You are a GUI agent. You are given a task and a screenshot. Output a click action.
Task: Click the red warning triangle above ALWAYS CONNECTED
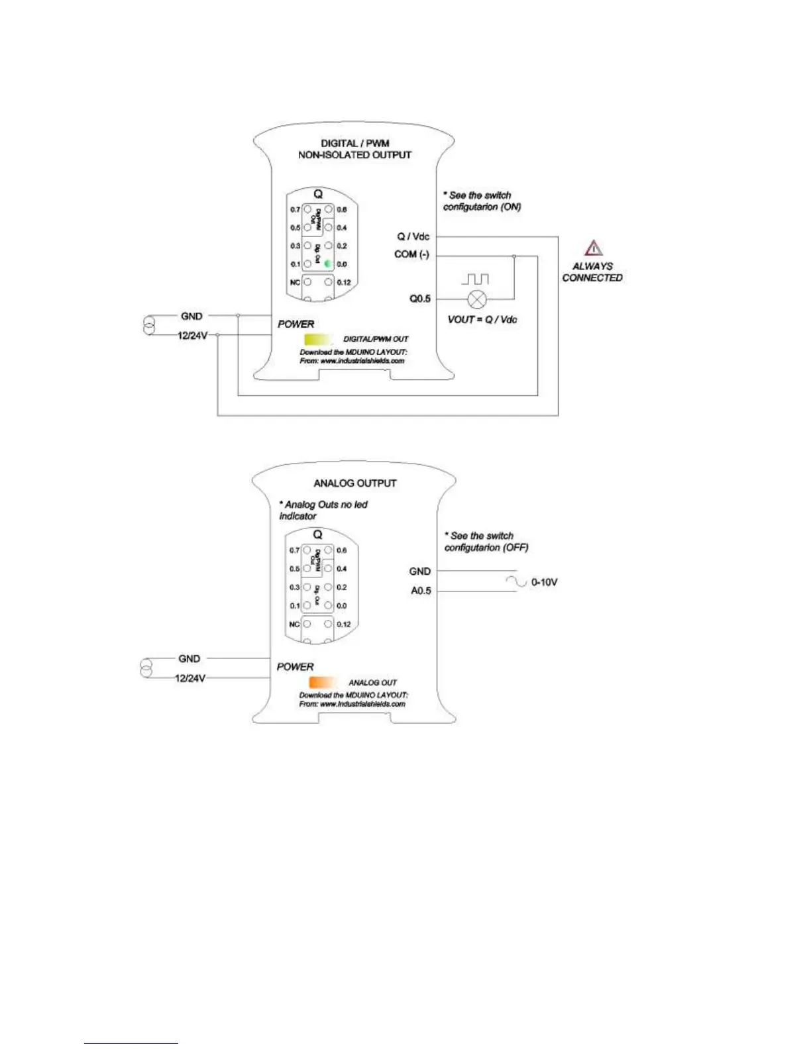coord(594,248)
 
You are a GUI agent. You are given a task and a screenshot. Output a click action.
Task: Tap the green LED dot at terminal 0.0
coord(328,264)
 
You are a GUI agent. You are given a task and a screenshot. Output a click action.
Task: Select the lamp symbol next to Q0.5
coord(476,299)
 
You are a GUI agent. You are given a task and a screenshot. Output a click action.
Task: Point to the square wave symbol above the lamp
coord(475,279)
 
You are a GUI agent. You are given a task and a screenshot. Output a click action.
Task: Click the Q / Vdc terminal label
coord(413,236)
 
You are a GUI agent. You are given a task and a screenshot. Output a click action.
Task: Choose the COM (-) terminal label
coord(411,254)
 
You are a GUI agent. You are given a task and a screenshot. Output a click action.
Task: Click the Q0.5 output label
coord(420,299)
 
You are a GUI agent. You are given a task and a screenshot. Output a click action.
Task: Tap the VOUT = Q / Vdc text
coord(482,320)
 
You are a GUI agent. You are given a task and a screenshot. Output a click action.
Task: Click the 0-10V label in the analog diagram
coord(544,583)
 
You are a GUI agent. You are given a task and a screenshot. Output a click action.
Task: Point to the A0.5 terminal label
coord(421,591)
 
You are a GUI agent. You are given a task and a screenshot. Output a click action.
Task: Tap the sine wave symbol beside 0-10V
coord(516,581)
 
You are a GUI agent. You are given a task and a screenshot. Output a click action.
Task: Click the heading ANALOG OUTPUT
coord(355,483)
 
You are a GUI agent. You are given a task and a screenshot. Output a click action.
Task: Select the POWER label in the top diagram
coord(296,324)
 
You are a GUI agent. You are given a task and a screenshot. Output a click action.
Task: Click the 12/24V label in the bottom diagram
coord(190,678)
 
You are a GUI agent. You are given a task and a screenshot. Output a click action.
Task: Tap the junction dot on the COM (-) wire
coord(514,256)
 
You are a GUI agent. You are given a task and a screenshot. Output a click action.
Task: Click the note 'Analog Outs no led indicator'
coord(323,510)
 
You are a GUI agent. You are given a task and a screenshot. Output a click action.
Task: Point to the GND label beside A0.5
coord(420,572)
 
